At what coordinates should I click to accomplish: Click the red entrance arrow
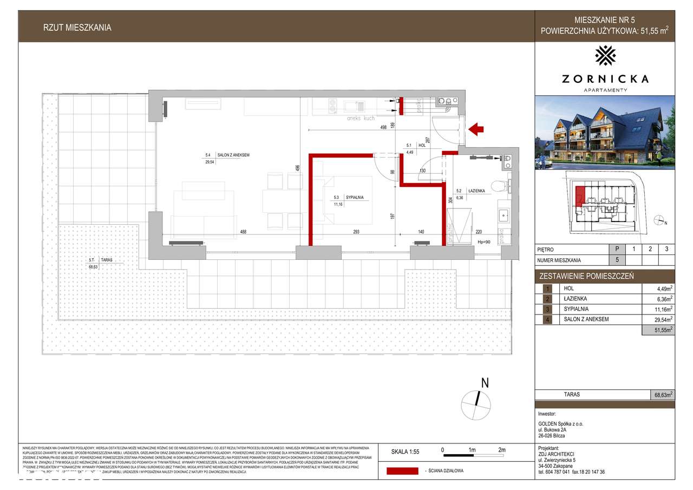point(476,129)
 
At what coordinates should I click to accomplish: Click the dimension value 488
point(244,232)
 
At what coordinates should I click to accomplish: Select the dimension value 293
point(356,232)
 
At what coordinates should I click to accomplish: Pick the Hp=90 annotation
point(483,242)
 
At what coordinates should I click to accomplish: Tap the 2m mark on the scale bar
point(501,450)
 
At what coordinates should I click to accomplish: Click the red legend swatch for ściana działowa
point(402,471)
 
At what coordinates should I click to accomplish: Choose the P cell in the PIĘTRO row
point(617,250)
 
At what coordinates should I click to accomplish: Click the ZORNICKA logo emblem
point(605,56)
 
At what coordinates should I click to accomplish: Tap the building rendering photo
point(605,133)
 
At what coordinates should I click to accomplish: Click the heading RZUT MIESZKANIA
point(77,28)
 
